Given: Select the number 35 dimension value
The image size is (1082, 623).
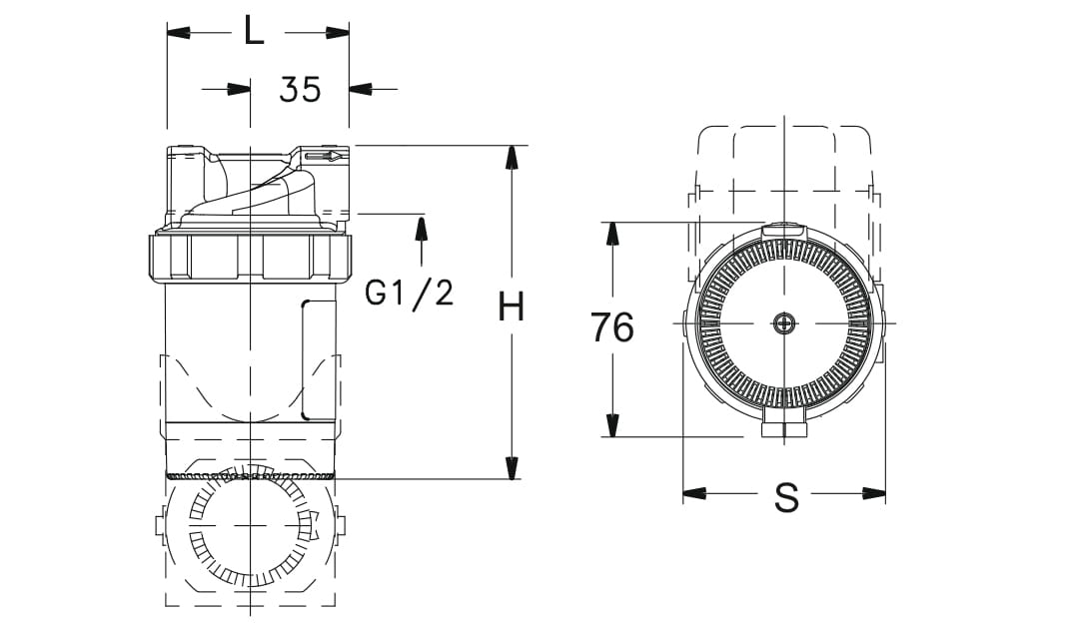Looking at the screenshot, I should coord(300,89).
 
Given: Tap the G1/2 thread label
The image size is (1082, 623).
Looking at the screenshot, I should coord(410,293).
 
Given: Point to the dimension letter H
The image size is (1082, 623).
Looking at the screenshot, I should coord(512,309).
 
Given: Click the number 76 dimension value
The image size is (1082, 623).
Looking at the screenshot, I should coord(611,327).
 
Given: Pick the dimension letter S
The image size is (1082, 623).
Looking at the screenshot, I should coord(786,496).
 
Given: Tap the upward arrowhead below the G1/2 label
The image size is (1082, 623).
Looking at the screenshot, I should coord(421,228).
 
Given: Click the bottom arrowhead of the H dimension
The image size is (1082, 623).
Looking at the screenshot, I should coord(512,467).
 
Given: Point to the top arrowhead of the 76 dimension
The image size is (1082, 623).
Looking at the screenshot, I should coord(611,235).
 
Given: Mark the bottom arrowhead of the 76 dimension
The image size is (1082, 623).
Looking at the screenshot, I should coord(611,424).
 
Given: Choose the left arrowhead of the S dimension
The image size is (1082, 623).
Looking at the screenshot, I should coord(695,493).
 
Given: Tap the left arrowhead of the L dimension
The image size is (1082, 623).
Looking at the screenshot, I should coord(179,33).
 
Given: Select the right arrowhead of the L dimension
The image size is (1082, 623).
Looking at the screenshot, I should coord(337,33).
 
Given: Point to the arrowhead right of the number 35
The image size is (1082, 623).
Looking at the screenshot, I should coord(361,89).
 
